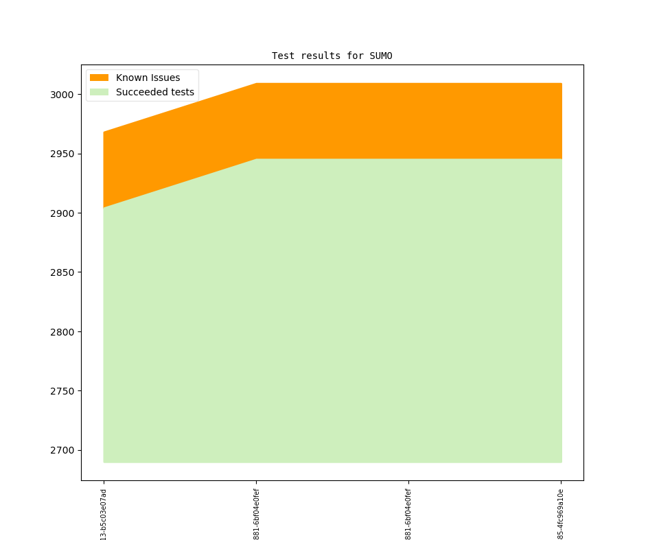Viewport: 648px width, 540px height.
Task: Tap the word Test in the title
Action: pos(283,56)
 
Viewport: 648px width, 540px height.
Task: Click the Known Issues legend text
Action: pos(148,78)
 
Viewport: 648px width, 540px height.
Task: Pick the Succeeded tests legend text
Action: pos(154,92)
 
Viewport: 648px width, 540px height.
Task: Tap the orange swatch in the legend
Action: pos(100,78)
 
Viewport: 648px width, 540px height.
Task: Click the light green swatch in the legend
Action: pos(100,92)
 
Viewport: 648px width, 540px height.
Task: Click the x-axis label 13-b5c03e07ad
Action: pos(104,514)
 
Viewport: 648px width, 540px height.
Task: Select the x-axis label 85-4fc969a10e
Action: pos(561,514)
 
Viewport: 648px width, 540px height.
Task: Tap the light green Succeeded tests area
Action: pos(343,309)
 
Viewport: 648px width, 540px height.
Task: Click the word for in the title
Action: pos(355,56)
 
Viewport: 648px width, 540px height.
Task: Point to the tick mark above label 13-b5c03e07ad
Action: pos(104,482)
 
